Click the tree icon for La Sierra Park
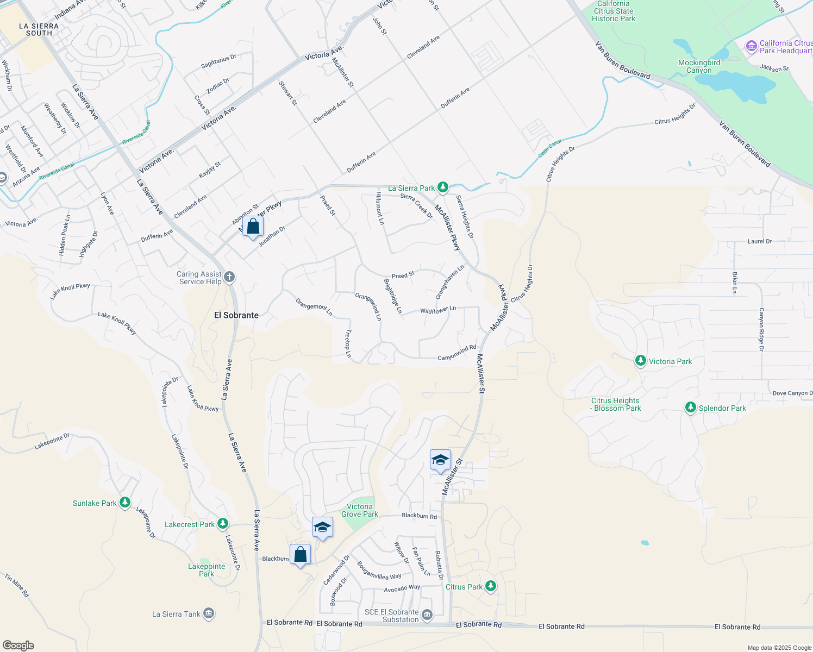[443, 187]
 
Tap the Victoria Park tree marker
[641, 361]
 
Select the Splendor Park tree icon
[690, 407]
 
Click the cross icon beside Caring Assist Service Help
[229, 278]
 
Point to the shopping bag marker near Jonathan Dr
[253, 226]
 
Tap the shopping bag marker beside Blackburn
[300, 555]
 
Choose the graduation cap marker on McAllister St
[440, 460]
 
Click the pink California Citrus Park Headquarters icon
[752, 46]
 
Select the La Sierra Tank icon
[209, 614]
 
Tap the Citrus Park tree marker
[491, 586]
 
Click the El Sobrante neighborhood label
[236, 315]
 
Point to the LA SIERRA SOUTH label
[39, 29]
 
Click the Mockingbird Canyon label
[699, 66]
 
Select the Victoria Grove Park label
[359, 510]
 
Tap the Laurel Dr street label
[759, 241]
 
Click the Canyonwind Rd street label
[456, 353]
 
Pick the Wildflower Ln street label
[437, 310]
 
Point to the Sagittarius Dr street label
[218, 61]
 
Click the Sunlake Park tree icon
[125, 503]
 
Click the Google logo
[18, 645]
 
